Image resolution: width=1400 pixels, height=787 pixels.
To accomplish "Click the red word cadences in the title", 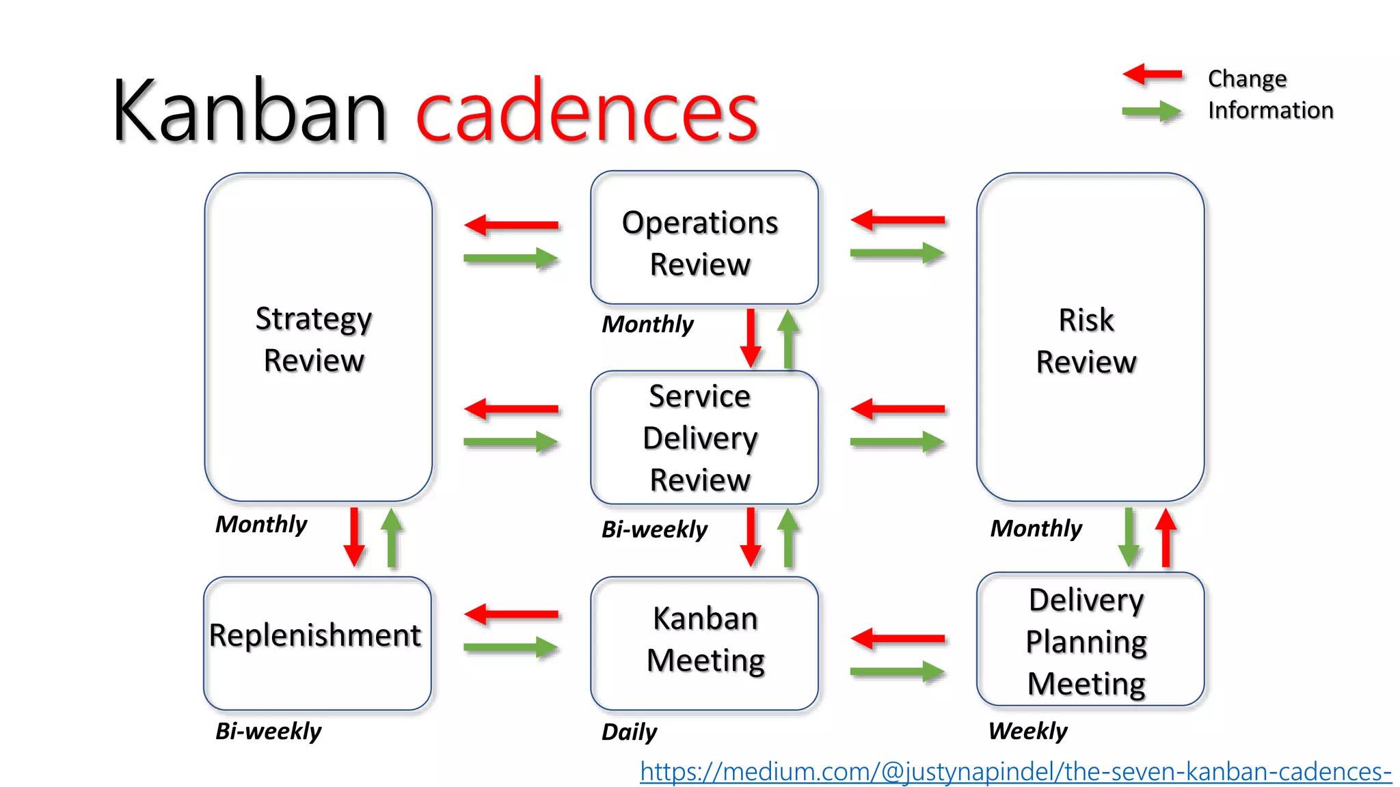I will (587, 111).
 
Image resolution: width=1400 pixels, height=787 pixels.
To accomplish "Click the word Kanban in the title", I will (250, 111).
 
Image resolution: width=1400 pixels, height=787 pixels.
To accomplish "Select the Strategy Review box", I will (318, 337).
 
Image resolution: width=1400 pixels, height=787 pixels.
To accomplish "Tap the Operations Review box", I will (704, 238).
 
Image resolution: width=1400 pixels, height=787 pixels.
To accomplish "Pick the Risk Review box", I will (1090, 337).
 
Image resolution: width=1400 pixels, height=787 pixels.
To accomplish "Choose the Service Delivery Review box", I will (704, 438).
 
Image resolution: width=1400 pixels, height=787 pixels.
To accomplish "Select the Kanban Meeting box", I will (704, 643).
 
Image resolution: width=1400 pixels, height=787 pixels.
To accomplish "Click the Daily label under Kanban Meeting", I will (628, 732).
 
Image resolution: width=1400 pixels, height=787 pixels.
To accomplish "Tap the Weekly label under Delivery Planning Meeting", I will (1027, 731).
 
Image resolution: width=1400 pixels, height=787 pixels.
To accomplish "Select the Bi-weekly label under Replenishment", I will (267, 731).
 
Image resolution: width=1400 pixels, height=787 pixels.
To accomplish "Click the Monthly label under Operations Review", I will (647, 324).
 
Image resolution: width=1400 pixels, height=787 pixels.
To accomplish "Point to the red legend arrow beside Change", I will (1153, 74).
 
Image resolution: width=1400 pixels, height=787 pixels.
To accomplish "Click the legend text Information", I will (1270, 110).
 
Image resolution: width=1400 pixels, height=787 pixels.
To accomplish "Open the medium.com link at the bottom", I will (1015, 771).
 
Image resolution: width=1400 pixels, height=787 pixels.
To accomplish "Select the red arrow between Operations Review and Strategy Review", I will (511, 225).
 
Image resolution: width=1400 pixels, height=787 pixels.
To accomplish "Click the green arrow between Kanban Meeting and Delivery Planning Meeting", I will (898, 672).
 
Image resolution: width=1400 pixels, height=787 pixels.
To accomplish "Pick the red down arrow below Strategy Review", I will (354, 537).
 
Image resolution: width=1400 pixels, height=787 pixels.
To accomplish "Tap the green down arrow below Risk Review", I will (1129, 537).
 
